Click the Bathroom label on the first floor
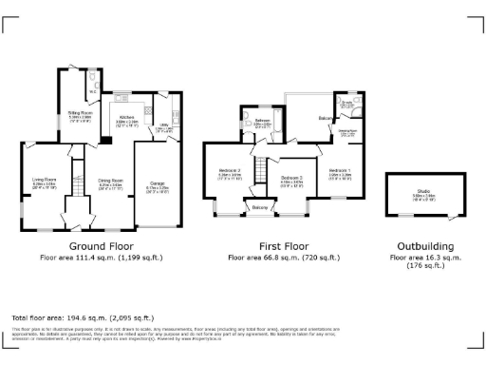[x=263, y=122]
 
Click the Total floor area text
[x=76, y=317]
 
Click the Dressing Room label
[x=348, y=132]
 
